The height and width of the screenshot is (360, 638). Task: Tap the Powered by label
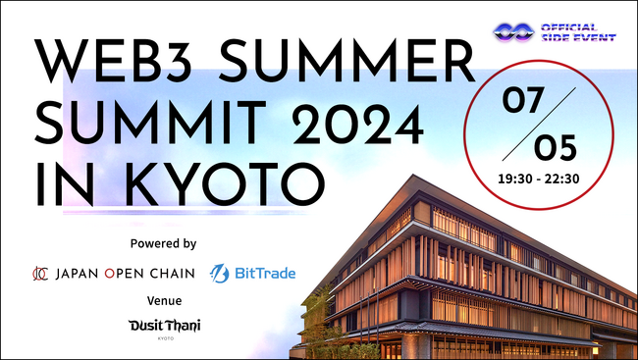pyautogui.click(x=163, y=242)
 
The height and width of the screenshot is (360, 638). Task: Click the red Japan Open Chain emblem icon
pyautogui.click(x=41, y=273)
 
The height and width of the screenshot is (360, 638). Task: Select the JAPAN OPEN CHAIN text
pyautogui.click(x=126, y=273)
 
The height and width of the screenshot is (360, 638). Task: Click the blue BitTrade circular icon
pyautogui.click(x=220, y=273)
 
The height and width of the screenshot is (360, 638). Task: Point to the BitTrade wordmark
pyautogui.click(x=265, y=273)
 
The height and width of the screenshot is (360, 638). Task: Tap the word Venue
pyautogui.click(x=163, y=300)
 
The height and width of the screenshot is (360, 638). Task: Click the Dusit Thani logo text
pyautogui.click(x=163, y=325)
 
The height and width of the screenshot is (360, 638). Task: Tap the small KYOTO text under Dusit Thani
pyautogui.click(x=163, y=338)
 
